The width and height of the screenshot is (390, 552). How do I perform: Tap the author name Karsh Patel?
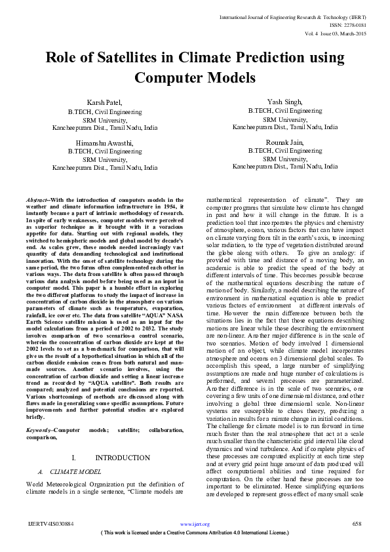tap(105, 104)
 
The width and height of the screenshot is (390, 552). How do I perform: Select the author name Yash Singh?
tap(284, 102)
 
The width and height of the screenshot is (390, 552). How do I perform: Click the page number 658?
tap(357, 524)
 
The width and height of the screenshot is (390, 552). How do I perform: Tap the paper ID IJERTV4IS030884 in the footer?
tap(51, 524)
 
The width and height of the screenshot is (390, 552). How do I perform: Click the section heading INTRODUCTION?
tap(123, 457)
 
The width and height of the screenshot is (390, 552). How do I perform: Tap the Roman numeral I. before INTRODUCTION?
tap(74, 457)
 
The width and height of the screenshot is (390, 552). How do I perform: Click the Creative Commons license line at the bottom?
tap(195, 533)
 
